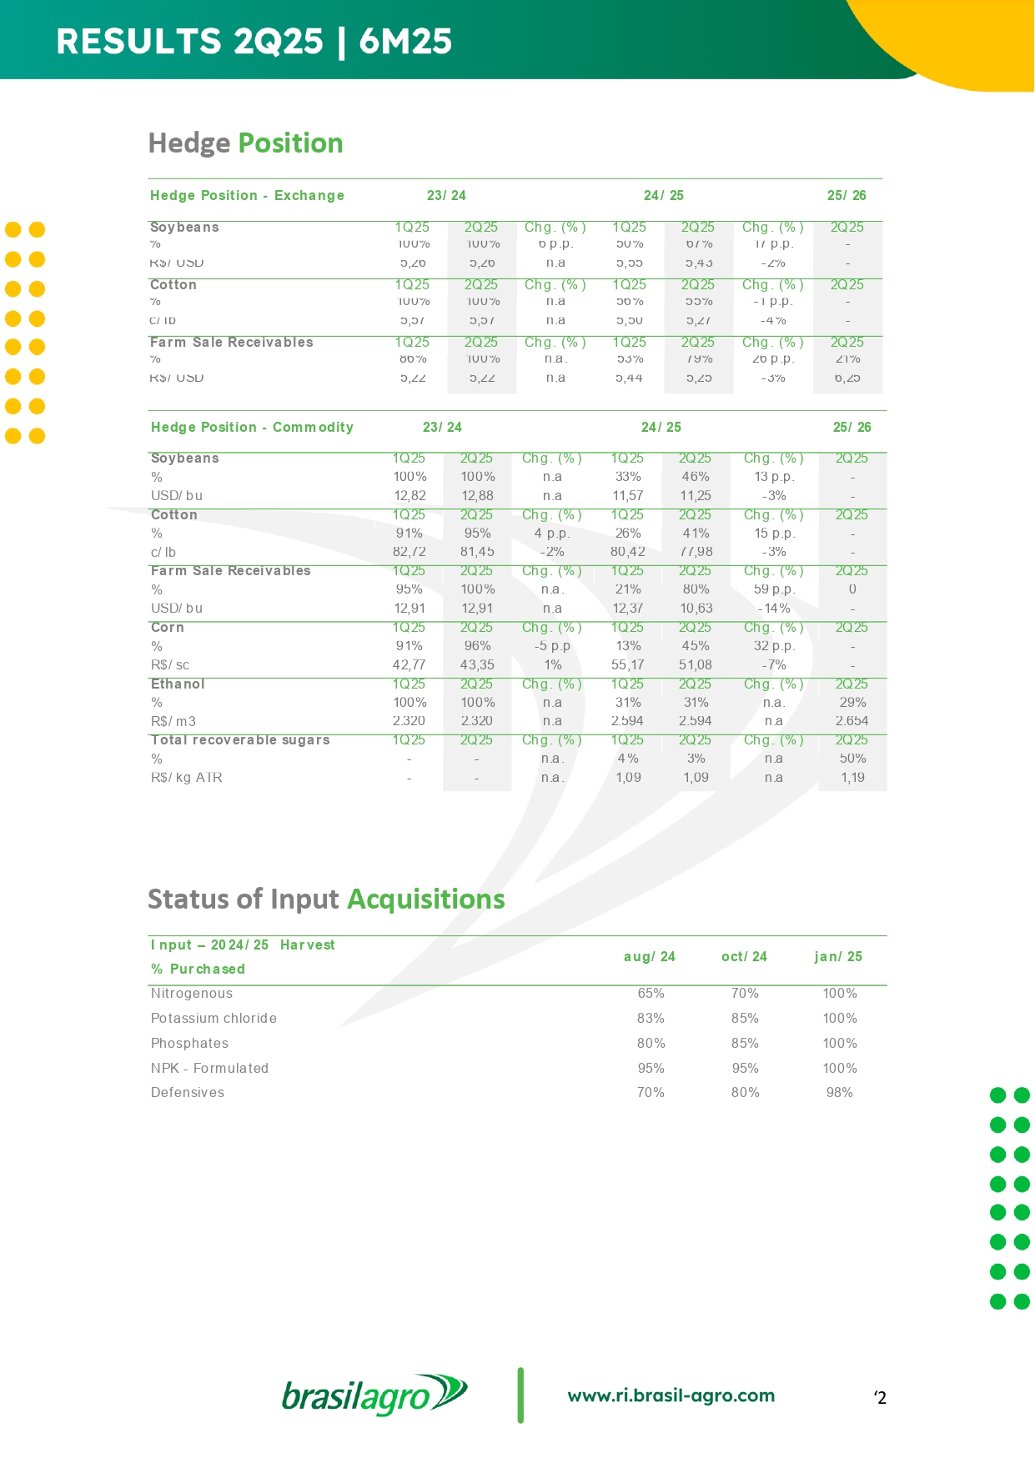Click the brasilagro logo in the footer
point(374,1395)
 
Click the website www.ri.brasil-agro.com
point(671,1395)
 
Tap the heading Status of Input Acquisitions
point(326,899)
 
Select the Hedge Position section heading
point(245,143)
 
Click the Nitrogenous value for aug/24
point(651,993)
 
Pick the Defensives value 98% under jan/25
point(839,1092)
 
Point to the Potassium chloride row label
point(214,1018)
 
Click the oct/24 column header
point(744,956)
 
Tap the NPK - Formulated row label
point(209,1068)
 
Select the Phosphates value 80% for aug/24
point(651,1043)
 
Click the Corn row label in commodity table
point(168,627)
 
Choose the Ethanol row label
point(178,684)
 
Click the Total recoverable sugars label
point(240,739)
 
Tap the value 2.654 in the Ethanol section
point(852,721)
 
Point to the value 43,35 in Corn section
point(477,664)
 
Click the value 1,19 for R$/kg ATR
point(852,777)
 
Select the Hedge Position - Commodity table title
point(252,427)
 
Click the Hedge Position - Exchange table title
point(247,195)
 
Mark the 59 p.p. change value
point(774,589)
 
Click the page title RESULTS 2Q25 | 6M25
point(254,41)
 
